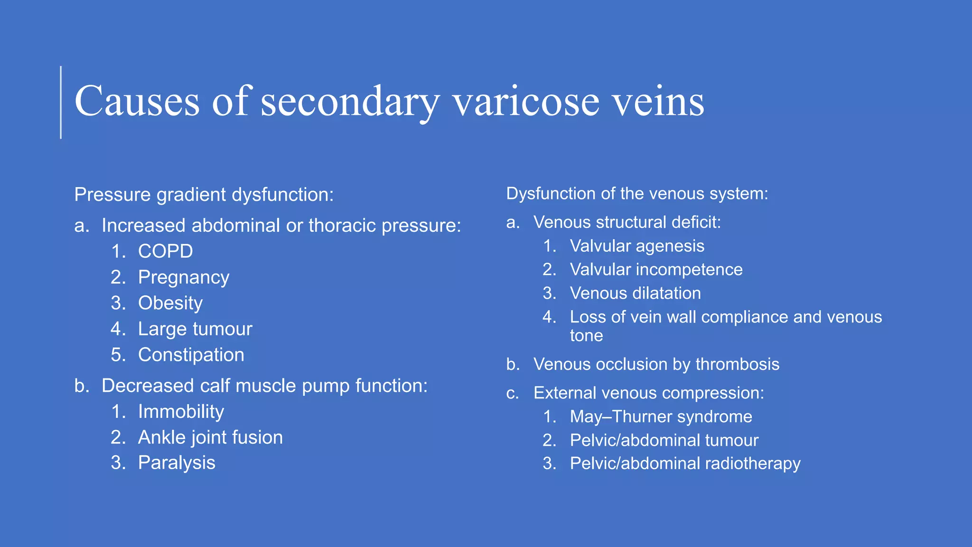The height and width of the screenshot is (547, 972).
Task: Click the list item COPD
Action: coord(165,251)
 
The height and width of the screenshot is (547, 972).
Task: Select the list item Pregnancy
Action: coord(183,277)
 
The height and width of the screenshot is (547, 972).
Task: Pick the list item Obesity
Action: coord(170,303)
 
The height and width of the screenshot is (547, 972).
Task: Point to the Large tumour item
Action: coord(195,329)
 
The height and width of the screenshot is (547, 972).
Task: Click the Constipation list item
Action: coord(191,355)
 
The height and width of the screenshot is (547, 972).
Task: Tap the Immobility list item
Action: coord(180,412)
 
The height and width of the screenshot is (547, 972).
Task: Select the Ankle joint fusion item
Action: coord(210,437)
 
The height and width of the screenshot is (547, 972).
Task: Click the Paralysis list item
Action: coord(176,463)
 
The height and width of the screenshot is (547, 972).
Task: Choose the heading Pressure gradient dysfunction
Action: coord(204,195)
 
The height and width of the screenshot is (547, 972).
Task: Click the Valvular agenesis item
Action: coord(636,246)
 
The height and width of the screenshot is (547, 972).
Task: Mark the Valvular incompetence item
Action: coord(656,270)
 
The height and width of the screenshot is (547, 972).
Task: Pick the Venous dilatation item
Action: coord(635,293)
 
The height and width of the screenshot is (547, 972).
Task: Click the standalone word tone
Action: coord(586,336)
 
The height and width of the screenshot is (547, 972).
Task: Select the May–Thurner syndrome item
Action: coord(661,416)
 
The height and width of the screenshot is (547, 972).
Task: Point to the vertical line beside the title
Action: coord(61,103)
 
